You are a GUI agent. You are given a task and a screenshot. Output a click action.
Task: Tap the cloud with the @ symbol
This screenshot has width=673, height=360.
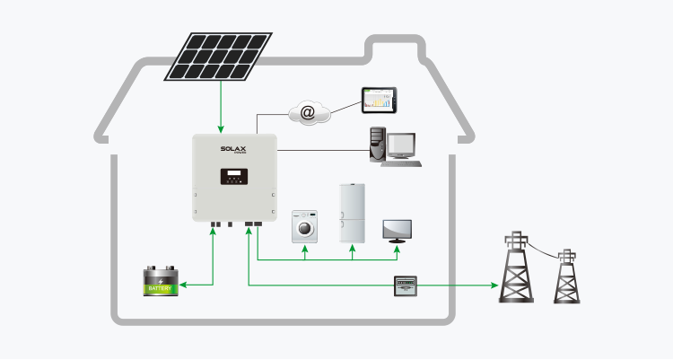[x=308, y=112]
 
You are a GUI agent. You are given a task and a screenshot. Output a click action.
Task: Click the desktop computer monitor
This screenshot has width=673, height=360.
[x=400, y=145]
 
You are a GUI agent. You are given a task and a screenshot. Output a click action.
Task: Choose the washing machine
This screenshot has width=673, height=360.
[x=305, y=228]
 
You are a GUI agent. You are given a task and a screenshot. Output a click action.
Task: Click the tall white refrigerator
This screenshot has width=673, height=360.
[x=352, y=214]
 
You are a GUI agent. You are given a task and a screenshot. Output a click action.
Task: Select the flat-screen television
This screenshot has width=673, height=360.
[x=397, y=230]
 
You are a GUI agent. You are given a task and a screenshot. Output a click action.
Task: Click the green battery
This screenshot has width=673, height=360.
[x=162, y=282]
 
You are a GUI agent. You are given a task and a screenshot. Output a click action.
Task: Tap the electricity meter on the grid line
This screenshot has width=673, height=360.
[x=407, y=285]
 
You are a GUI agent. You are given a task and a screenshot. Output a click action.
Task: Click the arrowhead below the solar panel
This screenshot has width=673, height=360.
[x=221, y=128]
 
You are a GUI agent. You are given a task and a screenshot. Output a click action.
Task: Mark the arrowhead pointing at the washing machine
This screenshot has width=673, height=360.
[x=305, y=251]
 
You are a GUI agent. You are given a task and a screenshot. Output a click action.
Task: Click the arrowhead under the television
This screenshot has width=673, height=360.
[x=397, y=251]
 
